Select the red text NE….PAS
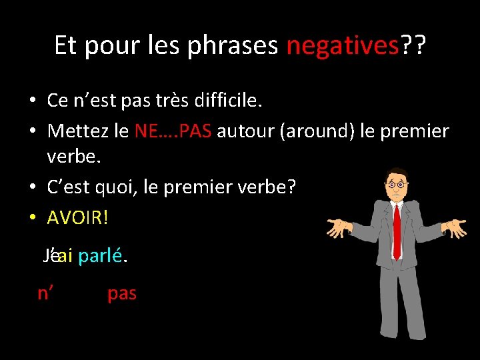[x=173, y=131]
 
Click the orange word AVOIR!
[x=77, y=218]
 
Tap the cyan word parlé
[x=101, y=257]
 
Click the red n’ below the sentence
[x=45, y=293]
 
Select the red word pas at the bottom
[x=122, y=293]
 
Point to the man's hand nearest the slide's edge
[x=454, y=229]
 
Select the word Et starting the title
[x=65, y=46]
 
